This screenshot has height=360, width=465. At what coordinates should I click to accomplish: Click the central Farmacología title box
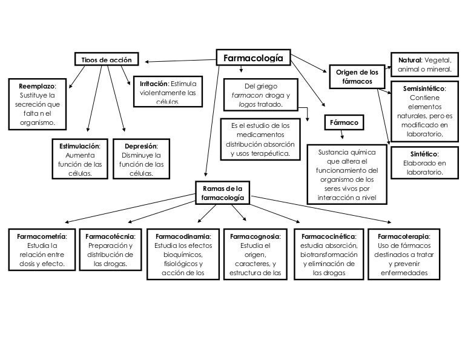(253, 58)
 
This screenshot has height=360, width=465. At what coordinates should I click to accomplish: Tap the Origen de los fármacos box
(357, 76)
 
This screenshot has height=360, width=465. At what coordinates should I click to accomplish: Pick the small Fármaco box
(344, 122)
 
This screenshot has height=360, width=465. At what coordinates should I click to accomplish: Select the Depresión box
(141, 159)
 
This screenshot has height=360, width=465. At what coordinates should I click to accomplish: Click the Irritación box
(168, 91)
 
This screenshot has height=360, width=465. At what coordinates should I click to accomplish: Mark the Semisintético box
(424, 111)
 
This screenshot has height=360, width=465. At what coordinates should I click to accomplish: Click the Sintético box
(424, 162)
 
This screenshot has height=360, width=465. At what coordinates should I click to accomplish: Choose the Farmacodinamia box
(183, 255)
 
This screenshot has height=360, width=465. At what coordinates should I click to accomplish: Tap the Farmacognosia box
(254, 255)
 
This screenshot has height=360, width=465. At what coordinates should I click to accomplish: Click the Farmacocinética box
(328, 255)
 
